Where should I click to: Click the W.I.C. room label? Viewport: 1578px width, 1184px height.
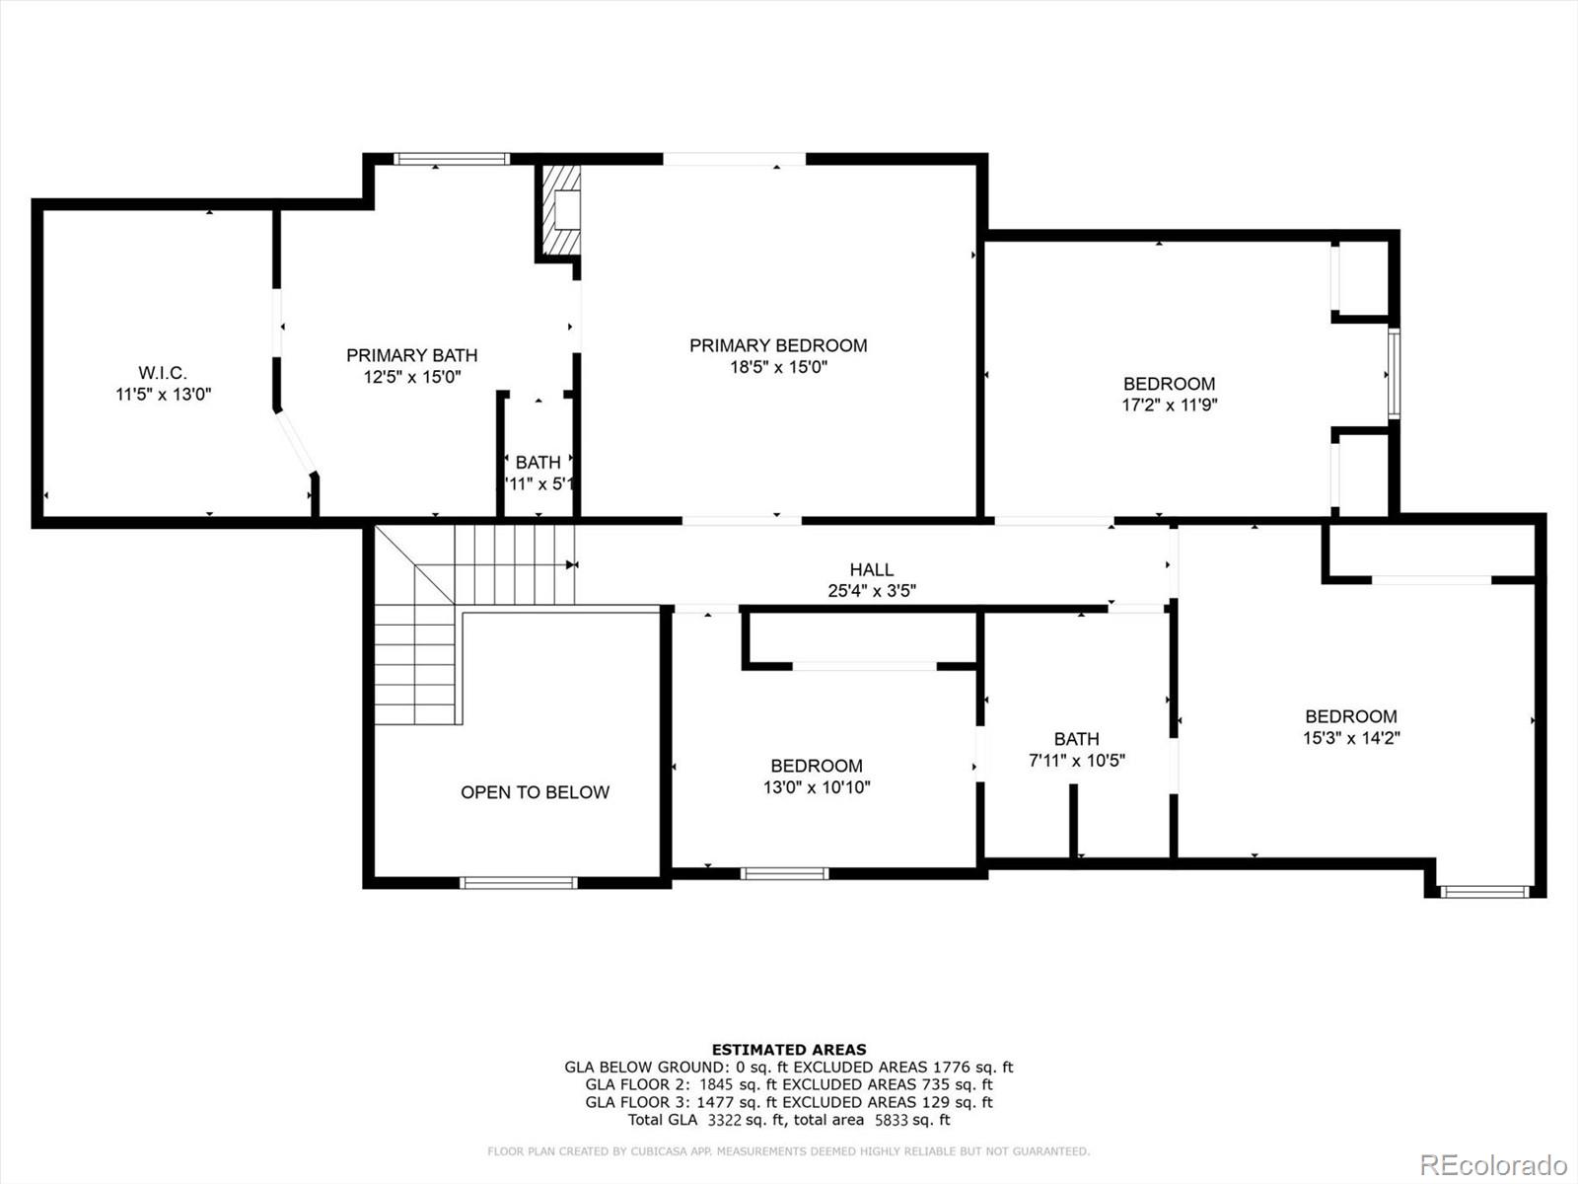click(x=163, y=373)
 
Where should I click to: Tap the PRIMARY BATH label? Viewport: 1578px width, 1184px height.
click(x=411, y=355)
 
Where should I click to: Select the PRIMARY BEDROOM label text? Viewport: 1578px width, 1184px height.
click(x=778, y=345)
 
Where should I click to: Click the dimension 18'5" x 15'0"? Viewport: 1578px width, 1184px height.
click(x=778, y=367)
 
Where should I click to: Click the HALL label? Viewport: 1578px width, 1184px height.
click(x=872, y=569)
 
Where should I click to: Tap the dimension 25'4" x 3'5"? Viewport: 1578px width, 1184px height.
click(x=872, y=591)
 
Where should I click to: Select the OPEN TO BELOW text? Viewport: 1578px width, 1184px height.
click(x=535, y=792)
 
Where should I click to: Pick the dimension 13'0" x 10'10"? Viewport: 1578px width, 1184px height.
click(x=817, y=787)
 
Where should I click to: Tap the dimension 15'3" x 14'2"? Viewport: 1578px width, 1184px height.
click(x=1351, y=738)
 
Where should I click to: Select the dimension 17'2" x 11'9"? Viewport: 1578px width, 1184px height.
click(x=1169, y=405)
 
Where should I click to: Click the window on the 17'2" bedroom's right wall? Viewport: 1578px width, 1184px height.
click(x=1394, y=374)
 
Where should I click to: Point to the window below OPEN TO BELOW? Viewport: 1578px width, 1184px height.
click(x=519, y=882)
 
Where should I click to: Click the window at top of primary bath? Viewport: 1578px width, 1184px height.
click(x=452, y=159)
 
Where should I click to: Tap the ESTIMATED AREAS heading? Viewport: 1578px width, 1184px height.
click(x=789, y=1050)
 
